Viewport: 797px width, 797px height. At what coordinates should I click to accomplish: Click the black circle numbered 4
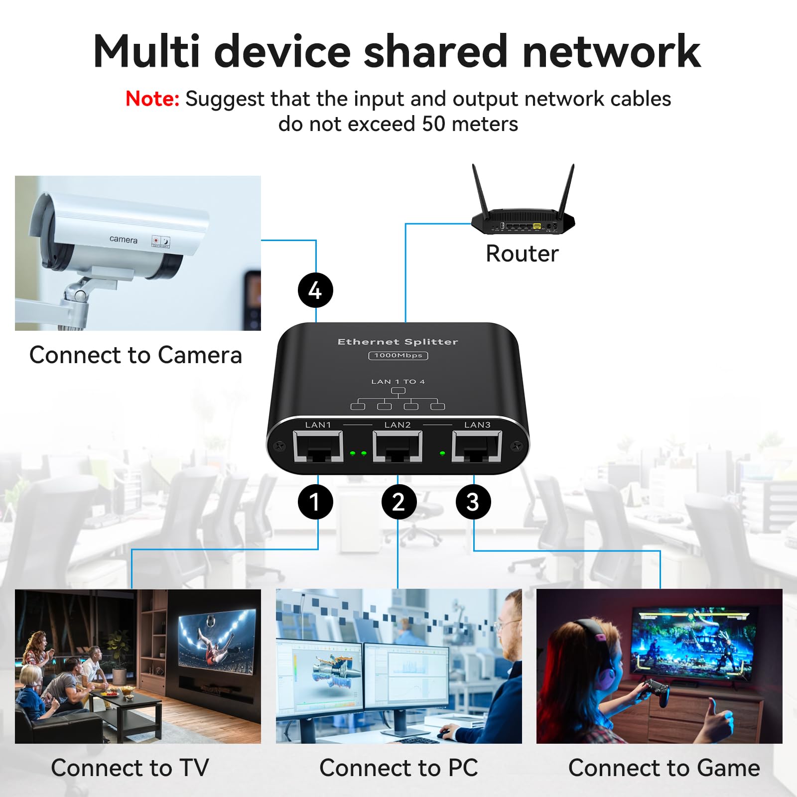pos(315,290)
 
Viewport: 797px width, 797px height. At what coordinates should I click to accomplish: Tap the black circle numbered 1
pos(315,502)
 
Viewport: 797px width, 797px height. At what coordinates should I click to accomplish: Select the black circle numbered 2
pos(398,502)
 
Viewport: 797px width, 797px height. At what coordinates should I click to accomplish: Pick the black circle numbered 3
pos(473,502)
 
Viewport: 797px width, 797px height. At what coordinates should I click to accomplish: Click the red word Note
pos(152,99)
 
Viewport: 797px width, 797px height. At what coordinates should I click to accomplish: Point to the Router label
pos(522,254)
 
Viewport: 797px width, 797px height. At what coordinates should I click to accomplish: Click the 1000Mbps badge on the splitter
pos(398,355)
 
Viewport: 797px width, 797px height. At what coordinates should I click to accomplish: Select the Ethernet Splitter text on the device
pos(398,342)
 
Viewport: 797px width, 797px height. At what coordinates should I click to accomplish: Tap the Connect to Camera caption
pos(135,355)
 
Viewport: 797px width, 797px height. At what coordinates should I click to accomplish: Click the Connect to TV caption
pos(130,768)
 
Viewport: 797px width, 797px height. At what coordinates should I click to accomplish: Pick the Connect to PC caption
pos(398,768)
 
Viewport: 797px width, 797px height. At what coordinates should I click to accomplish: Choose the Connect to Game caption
pos(664,768)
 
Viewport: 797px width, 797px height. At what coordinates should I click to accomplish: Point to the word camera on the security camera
pos(123,240)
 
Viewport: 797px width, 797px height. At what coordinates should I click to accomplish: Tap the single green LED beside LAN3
pos(442,453)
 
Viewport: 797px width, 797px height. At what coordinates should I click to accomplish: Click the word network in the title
pos(612,51)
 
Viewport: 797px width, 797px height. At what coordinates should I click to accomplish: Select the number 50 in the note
pos(433,124)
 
